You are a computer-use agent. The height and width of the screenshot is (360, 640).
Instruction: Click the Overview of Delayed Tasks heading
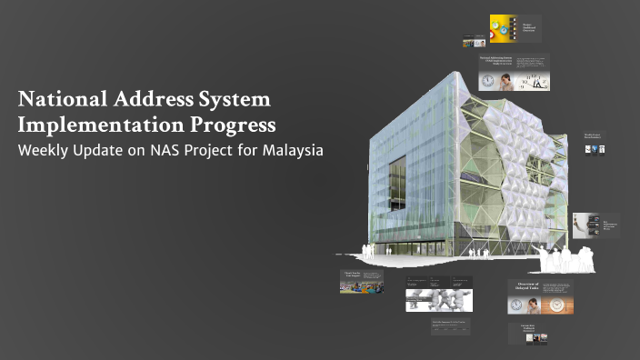pos(528,288)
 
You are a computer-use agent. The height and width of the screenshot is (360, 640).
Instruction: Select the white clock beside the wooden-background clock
pos(518,305)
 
